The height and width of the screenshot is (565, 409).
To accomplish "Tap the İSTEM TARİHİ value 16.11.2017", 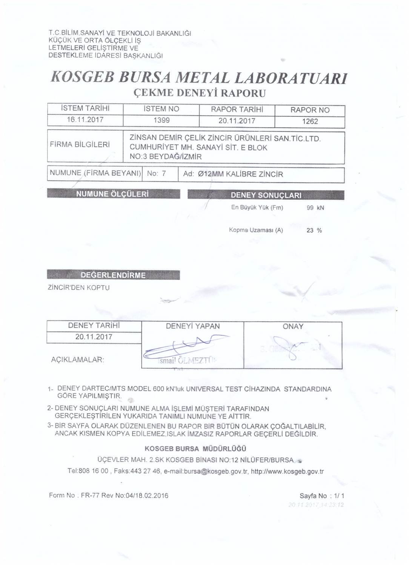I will point(85,120).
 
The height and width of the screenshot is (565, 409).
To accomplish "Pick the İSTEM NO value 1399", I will point(161,120).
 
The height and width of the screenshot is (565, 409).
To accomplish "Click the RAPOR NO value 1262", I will point(310,121).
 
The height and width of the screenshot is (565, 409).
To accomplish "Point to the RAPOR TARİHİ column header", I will point(237,110).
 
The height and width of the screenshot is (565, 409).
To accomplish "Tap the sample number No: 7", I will point(157,174).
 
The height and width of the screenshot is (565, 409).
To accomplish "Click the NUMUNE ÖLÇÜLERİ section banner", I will point(113,194).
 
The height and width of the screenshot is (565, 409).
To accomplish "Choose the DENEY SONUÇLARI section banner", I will point(266,195).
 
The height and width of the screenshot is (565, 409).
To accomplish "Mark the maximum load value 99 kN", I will point(315,208).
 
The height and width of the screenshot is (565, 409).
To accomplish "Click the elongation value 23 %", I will point(314,231).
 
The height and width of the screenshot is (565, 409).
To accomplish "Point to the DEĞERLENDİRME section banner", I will point(113,275).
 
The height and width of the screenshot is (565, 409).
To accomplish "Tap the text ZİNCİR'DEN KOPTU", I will point(78,288).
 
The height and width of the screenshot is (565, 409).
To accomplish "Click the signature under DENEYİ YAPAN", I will point(185,347).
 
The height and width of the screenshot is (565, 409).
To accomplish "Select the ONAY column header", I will point(293,327).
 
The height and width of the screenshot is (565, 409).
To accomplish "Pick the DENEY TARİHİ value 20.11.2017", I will point(94,337).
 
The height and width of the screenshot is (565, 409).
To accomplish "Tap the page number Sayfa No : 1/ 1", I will point(322,496).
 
